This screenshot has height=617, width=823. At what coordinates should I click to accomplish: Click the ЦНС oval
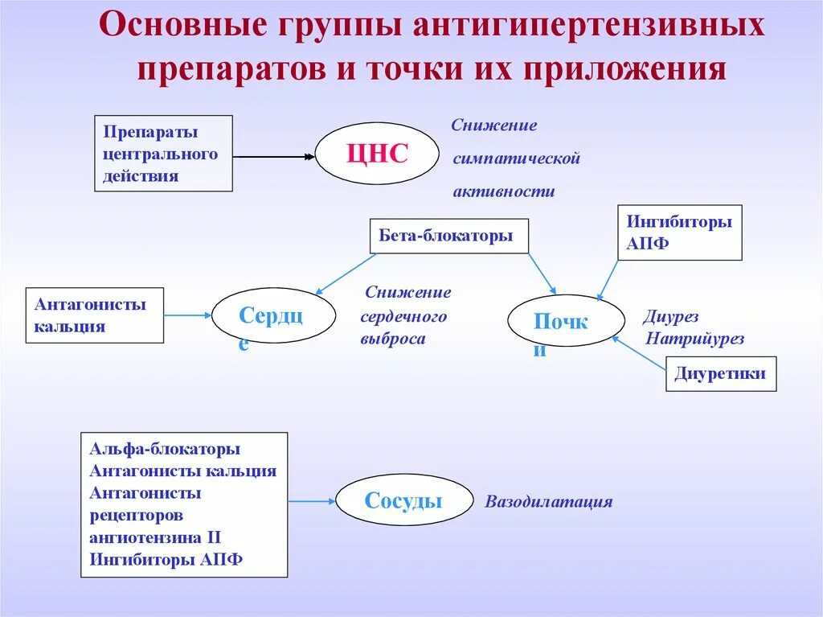coord(377,153)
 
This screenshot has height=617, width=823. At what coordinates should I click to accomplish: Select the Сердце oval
coord(273,316)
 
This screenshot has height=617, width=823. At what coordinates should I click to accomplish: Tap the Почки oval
coord(566,321)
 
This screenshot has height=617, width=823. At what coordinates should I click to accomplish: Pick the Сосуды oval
coord(403,500)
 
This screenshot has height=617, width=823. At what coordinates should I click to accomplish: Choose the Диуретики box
coord(721,374)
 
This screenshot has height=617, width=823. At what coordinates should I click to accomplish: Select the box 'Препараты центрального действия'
coord(163,153)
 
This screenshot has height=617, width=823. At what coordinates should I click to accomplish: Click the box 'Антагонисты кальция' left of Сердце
coord(94,315)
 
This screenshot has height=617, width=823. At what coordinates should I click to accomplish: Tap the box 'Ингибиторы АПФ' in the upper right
coord(679,232)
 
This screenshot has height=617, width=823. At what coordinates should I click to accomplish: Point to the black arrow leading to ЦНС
coord(273,157)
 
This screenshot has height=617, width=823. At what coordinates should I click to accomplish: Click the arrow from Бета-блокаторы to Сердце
coord(346,274)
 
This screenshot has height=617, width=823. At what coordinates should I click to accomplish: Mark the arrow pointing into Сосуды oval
coord(312,501)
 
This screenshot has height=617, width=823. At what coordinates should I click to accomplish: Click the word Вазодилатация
coord(548,502)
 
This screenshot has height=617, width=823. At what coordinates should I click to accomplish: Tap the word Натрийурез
coord(694,339)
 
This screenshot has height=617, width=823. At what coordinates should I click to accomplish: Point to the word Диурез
coord(671,317)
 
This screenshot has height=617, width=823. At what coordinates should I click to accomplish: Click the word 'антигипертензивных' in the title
coord(589,29)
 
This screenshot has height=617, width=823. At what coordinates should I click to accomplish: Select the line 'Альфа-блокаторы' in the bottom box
coord(165,449)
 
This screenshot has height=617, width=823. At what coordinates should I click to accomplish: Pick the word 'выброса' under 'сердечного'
coord(392,339)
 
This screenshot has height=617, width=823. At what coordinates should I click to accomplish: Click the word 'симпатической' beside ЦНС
coord(516,158)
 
